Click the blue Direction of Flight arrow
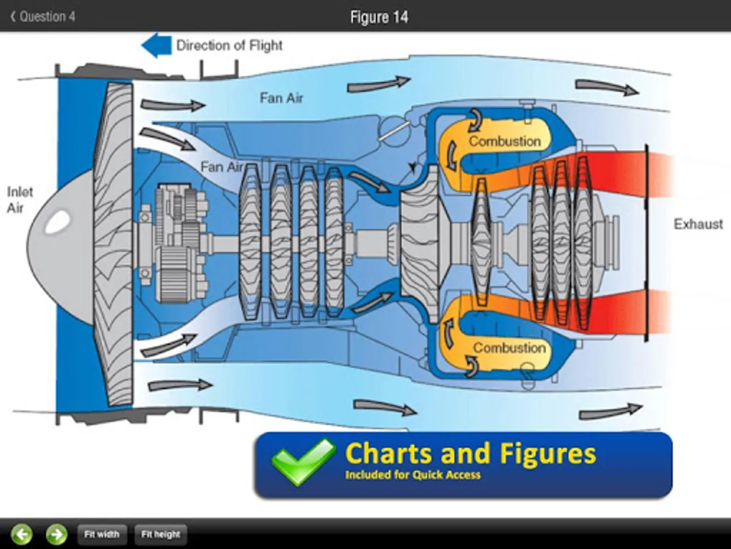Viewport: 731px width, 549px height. coord(156,46)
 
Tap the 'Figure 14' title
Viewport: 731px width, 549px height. coord(379,17)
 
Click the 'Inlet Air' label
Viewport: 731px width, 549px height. coord(19,199)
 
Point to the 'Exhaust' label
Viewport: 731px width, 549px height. coord(698,224)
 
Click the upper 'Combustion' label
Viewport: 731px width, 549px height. coord(504,142)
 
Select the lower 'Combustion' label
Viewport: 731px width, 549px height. coord(509,348)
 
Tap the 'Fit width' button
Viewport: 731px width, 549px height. coord(102,534)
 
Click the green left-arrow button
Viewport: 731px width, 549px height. coord(22,534)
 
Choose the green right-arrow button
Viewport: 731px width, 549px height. coord(57,534)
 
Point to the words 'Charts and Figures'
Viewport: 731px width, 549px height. coord(470,454)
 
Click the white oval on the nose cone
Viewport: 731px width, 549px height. coord(58,223)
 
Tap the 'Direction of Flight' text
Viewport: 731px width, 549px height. coord(229,45)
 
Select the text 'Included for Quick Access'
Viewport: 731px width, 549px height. coord(412,475)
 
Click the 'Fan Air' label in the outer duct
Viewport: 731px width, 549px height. coord(281,98)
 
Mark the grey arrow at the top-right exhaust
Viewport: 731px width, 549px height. coord(607,87)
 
